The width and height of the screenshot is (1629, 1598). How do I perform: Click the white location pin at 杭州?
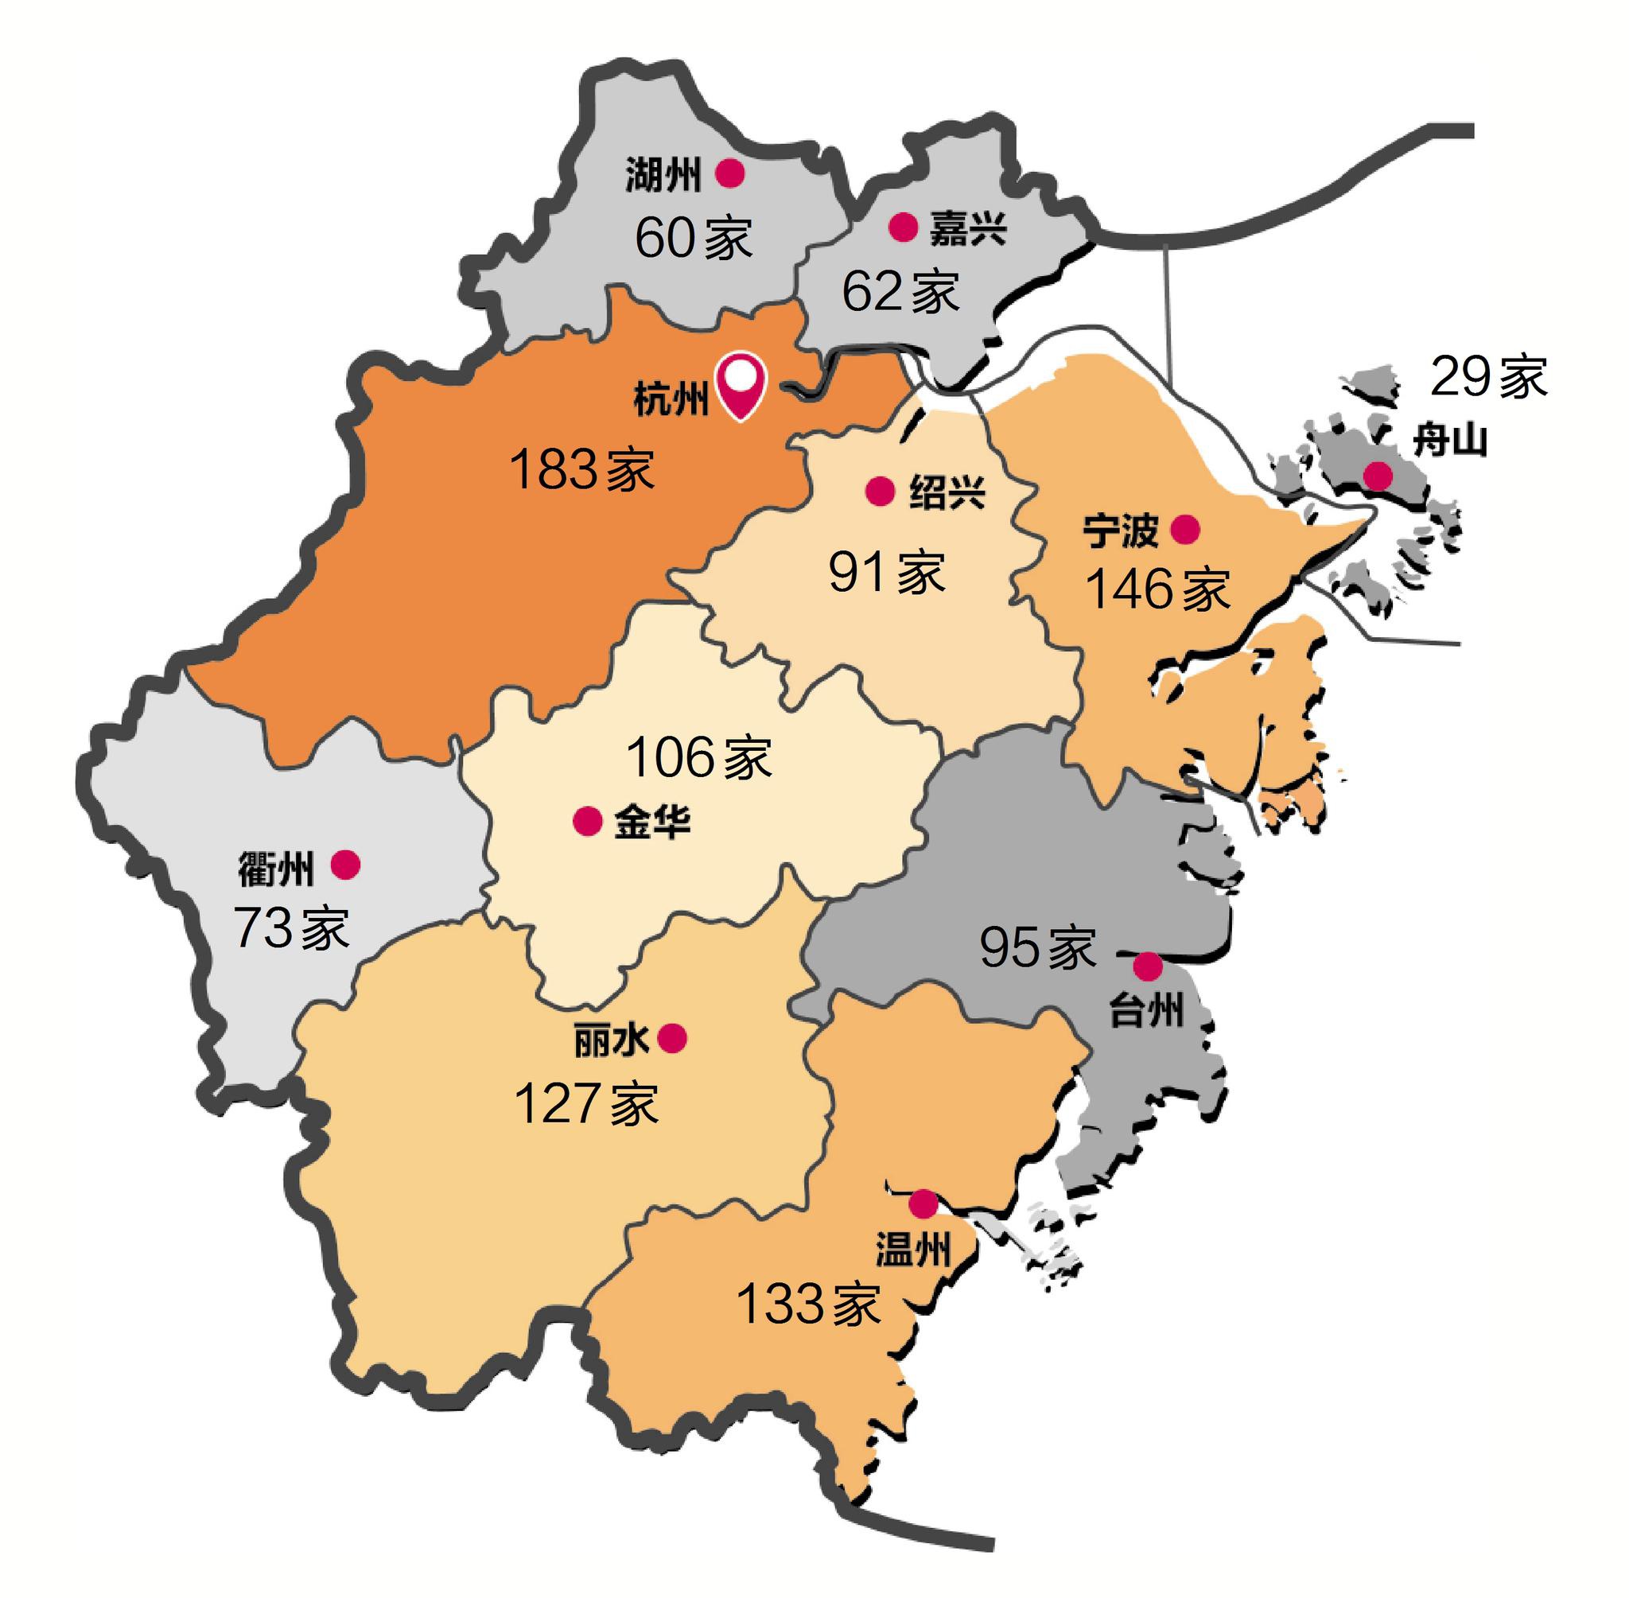[740, 383]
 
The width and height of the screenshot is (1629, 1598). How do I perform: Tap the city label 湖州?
[662, 176]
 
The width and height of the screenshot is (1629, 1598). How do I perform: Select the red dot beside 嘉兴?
[903, 227]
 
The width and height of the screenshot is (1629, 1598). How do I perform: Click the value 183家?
[581, 470]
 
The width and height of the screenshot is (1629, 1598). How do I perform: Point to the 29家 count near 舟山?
[1488, 377]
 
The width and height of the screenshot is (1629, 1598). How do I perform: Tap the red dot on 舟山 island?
[1377, 476]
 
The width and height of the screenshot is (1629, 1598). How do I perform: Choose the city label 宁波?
[1121, 531]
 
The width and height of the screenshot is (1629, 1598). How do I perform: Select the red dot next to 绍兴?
[881, 492]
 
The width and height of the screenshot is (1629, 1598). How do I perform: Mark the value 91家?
[887, 573]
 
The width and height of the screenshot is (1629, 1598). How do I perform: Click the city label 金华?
[652, 821]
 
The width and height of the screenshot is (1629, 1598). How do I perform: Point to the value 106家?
[698, 757]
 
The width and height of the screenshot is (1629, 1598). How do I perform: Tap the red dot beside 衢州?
[346, 864]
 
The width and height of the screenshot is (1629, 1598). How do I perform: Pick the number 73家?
[290, 928]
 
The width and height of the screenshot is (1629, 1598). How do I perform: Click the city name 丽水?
[611, 1040]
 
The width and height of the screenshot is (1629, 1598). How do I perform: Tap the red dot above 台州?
[1148, 966]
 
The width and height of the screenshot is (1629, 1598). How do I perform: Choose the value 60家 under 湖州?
[694, 238]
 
